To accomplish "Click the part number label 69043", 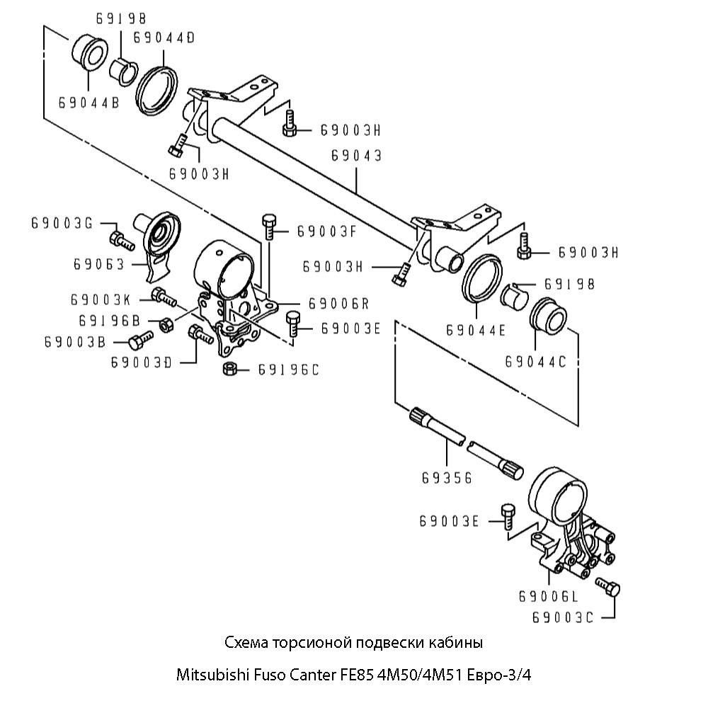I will (x=357, y=155).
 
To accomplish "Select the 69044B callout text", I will (x=88, y=103).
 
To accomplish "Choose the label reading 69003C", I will (x=562, y=617).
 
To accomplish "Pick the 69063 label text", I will (x=98, y=264).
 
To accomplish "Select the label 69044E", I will (x=476, y=330).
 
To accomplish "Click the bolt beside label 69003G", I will (x=122, y=240).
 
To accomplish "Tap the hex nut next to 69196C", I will (x=229, y=369).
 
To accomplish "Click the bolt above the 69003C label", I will (x=608, y=587).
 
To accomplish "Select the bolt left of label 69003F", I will (x=269, y=227).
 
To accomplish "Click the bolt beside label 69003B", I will (x=141, y=340).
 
